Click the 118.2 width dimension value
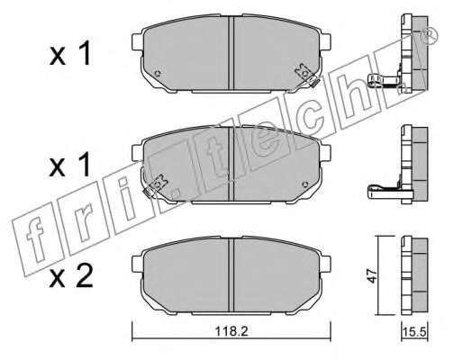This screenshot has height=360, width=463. (x=231, y=331)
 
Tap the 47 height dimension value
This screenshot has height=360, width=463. (x=372, y=275)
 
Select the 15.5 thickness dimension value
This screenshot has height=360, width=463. (x=414, y=332)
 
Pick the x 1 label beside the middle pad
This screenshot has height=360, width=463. (x=70, y=165)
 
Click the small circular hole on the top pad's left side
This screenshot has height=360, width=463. (x=157, y=73)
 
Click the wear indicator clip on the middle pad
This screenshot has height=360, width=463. (x=155, y=186)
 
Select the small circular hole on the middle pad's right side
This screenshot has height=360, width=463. (x=305, y=184)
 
